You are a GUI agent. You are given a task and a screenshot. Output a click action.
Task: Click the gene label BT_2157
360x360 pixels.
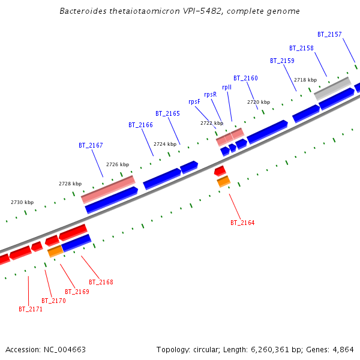pyautogui.click(x=329, y=34)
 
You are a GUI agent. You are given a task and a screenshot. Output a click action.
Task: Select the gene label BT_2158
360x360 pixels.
pyautogui.click(x=301, y=48)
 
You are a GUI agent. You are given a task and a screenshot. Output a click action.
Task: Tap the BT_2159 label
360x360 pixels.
pyautogui.click(x=282, y=61)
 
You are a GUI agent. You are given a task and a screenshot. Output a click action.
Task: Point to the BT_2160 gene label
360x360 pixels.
pyautogui.click(x=245, y=78)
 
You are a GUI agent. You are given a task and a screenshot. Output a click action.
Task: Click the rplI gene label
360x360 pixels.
pyautogui.click(x=227, y=87)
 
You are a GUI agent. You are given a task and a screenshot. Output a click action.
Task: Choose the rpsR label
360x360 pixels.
pyautogui.click(x=210, y=94)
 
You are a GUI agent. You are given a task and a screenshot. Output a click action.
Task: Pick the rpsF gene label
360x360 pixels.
pyautogui.click(x=194, y=101)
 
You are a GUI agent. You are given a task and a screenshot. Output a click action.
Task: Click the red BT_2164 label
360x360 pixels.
pyautogui.click(x=242, y=223)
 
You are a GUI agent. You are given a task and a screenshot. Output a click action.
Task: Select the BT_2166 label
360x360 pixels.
pyautogui.click(x=140, y=125)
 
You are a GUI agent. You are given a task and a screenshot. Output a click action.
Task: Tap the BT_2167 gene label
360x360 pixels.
pyautogui.click(x=91, y=145)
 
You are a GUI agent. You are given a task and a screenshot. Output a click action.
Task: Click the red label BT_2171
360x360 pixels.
pyautogui.click(x=31, y=309)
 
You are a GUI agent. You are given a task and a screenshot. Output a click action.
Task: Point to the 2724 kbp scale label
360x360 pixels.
pyautogui.click(x=165, y=144)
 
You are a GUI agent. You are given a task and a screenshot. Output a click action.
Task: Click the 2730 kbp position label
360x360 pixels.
pyautogui.click(x=22, y=202)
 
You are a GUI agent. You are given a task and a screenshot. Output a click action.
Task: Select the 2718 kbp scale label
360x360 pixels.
pyautogui.click(x=305, y=80)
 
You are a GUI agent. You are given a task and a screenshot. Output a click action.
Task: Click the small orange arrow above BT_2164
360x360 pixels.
pyautogui.click(x=224, y=181)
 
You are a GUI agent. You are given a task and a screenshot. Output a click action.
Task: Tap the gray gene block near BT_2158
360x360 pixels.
pyautogui.click(x=333, y=89)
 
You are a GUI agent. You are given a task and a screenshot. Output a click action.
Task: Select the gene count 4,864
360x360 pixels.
pyautogui.click(x=343, y=349)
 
